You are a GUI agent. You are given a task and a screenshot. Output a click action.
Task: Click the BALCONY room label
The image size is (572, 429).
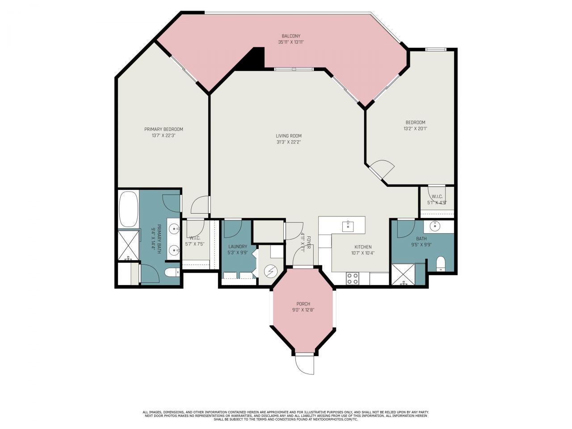(x=290, y=36)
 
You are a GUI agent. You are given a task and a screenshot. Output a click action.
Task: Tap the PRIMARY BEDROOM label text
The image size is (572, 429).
(x=164, y=129)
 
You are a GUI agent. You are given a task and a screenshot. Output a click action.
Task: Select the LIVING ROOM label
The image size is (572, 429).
(x=288, y=136)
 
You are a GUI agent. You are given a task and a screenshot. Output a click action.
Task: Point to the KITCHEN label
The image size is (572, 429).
(x=363, y=247)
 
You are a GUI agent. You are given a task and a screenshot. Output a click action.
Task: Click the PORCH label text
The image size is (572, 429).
(x=303, y=304)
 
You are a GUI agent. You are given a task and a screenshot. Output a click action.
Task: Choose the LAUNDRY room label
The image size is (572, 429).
(x=237, y=246)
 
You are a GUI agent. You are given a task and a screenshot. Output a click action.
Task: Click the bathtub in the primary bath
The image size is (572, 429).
(x=129, y=210)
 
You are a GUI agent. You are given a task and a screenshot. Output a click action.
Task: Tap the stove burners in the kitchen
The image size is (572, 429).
(x=352, y=278)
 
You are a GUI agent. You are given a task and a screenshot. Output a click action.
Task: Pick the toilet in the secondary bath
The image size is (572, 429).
(x=440, y=264)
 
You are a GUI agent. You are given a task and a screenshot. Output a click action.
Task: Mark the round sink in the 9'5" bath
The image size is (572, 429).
(x=435, y=226)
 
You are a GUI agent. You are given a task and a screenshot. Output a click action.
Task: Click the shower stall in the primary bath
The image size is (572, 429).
(x=128, y=245)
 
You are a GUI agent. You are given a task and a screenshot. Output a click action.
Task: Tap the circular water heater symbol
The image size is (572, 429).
(x=270, y=271)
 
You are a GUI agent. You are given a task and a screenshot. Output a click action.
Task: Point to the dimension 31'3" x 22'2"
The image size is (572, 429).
(x=288, y=142)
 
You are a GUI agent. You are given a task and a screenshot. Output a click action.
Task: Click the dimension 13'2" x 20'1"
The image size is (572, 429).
(x=415, y=129)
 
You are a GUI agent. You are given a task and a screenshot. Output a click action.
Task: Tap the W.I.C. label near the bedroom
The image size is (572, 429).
(x=437, y=197)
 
